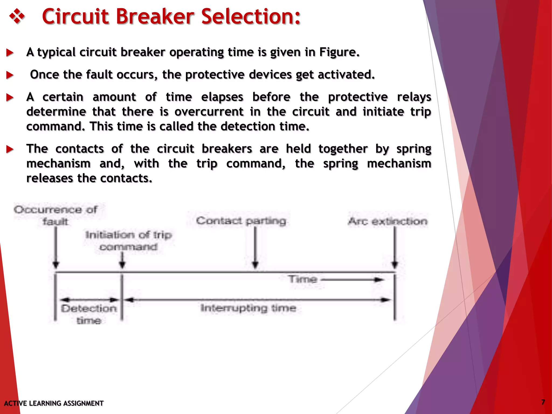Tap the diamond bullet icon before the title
point(17,17)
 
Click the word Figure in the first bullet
point(339,52)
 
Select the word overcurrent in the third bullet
point(209,112)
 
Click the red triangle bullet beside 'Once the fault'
point(10,75)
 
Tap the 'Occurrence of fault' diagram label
point(56,215)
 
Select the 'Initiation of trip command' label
point(129,241)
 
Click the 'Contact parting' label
point(241,221)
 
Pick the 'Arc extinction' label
point(388,221)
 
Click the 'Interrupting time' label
point(248,308)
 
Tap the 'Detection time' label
point(89,314)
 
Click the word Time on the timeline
point(302,279)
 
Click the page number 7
point(543,402)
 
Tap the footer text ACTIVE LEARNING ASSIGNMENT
point(54,403)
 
